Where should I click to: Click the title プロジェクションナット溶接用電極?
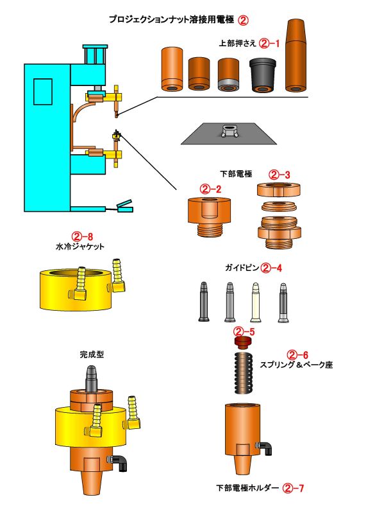[x=171, y=20]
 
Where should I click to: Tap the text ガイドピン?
[x=240, y=268]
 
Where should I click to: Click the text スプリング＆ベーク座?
[x=296, y=365]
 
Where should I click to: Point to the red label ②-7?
[x=293, y=488]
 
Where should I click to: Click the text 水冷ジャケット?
[x=79, y=245]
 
